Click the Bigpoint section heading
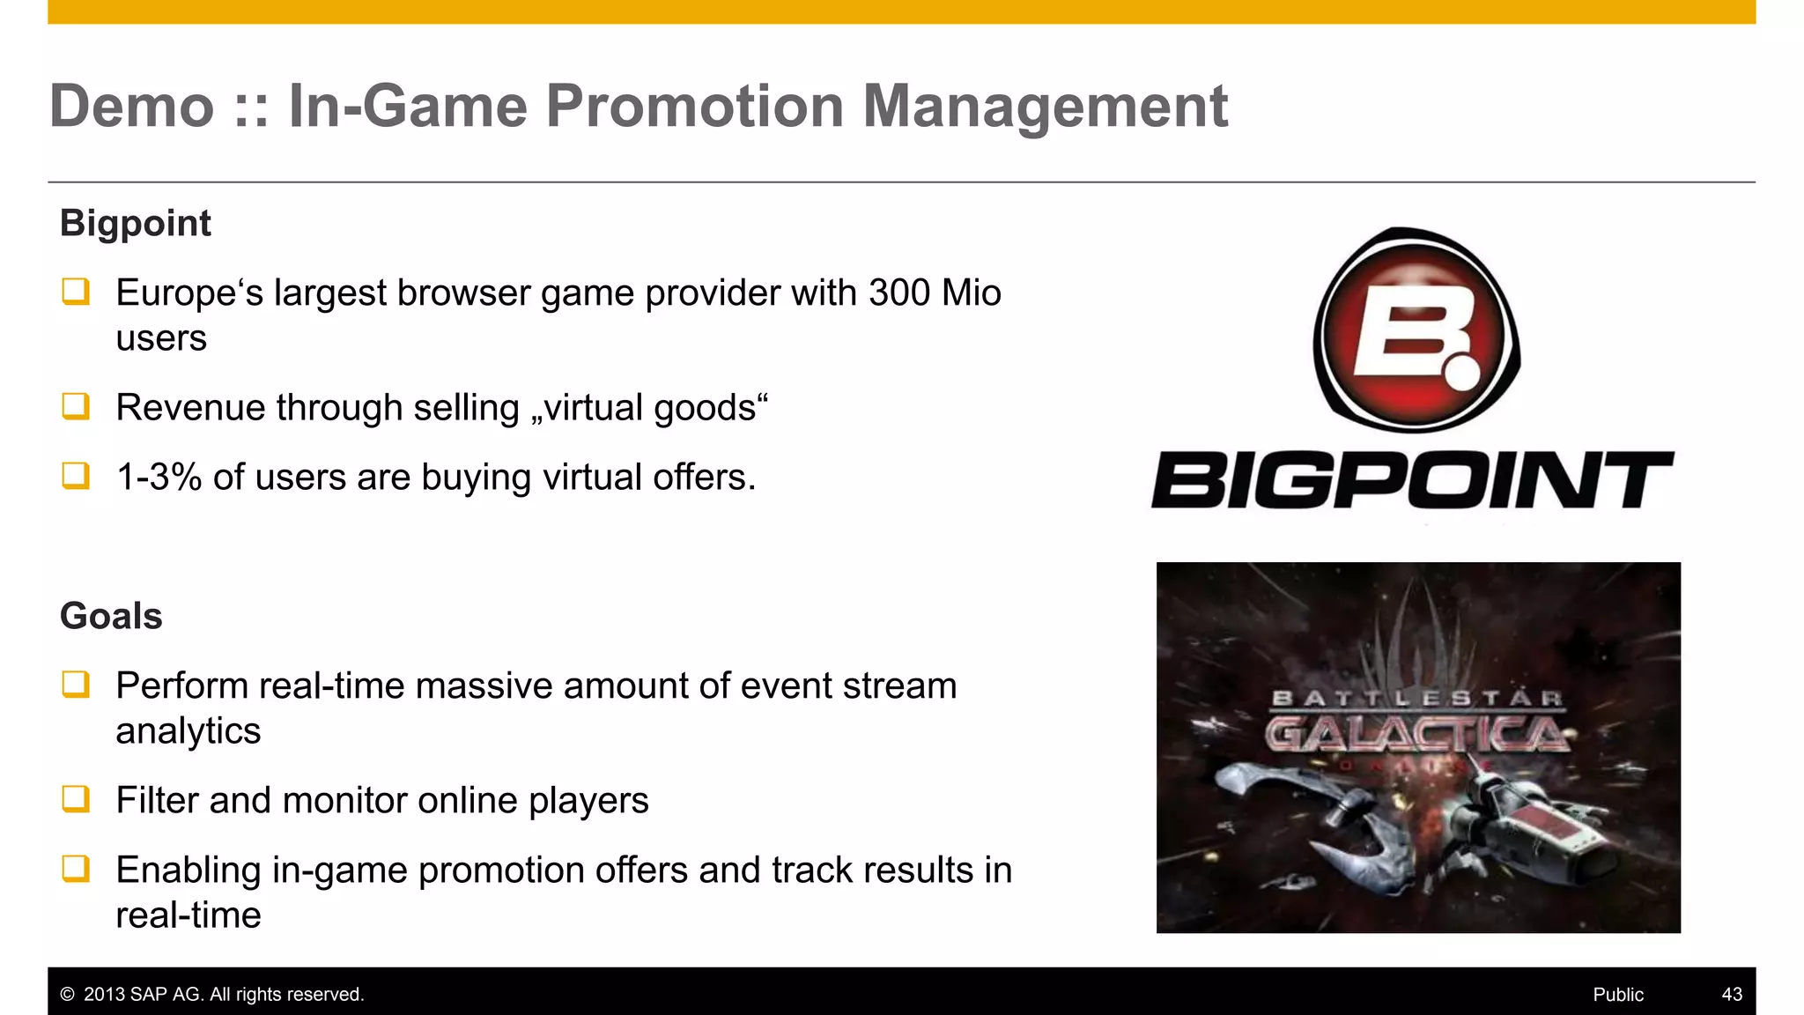[x=135, y=223]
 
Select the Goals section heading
[x=111, y=616]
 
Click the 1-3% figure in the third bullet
[x=159, y=478]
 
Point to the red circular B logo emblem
[x=1416, y=330]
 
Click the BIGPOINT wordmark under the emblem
[x=1412, y=480]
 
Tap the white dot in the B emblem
[x=1462, y=372]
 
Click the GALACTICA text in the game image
[x=1416, y=733]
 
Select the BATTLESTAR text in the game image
[x=1416, y=699]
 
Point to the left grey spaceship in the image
[x=1295, y=797]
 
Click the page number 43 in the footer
[x=1731, y=994]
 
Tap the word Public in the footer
[x=1617, y=994]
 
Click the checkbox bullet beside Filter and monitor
[x=76, y=799]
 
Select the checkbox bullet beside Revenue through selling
[x=76, y=406]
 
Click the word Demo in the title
[x=132, y=107]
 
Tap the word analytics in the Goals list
[x=188, y=731]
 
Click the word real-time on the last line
[x=188, y=915]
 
